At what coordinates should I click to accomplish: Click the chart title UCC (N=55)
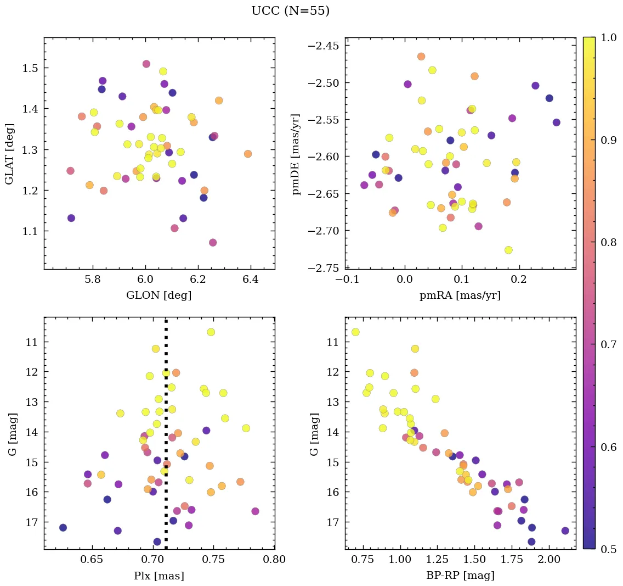290,11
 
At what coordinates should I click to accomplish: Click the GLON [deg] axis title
159,295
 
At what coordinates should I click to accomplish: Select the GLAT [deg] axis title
9,153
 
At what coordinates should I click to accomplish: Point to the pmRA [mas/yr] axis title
460,295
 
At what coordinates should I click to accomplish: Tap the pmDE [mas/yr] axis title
297,153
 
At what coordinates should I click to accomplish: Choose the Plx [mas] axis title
159,576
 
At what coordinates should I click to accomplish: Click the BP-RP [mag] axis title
460,576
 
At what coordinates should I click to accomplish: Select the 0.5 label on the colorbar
607,549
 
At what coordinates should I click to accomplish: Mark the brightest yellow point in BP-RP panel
355,332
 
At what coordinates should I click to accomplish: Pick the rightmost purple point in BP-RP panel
565,531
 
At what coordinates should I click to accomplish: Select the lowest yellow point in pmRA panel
508,250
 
